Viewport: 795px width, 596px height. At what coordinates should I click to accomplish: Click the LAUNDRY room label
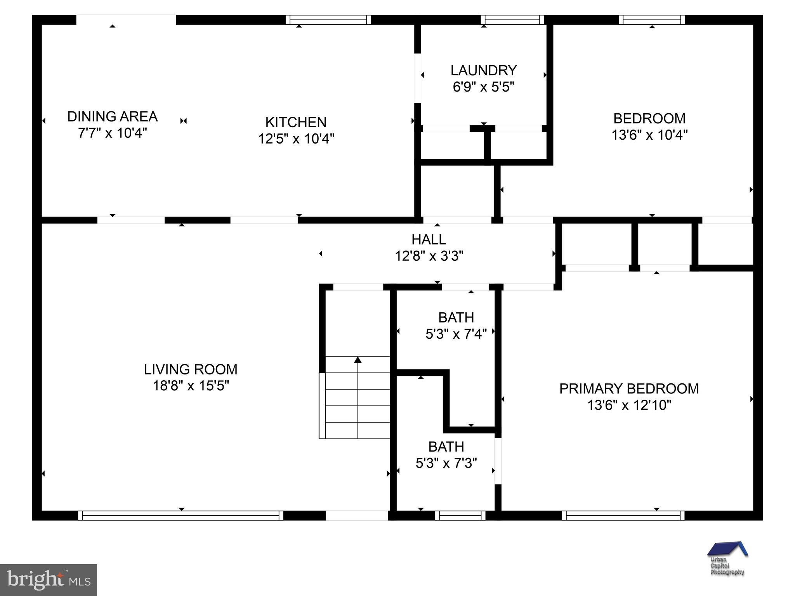tap(483, 70)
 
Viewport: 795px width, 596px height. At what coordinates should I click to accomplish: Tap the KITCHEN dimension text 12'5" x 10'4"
tap(296, 139)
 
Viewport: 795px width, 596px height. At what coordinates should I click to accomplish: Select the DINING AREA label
tap(112, 116)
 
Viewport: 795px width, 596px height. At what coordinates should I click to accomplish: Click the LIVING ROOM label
tap(191, 369)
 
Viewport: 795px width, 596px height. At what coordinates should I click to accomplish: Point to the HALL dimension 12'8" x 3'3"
tap(429, 256)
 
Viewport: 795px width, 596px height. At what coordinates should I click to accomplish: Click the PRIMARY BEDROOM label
tap(628, 388)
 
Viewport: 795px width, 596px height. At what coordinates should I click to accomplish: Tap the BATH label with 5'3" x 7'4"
tap(456, 317)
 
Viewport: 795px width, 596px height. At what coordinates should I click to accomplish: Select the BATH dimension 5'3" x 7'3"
tap(446, 463)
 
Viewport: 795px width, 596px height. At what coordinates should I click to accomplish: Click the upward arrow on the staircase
tap(358, 360)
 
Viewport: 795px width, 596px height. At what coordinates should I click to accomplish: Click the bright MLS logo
tap(48, 580)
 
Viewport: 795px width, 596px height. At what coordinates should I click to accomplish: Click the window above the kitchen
tap(328, 20)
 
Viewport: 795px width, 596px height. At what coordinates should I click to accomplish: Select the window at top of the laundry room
tap(512, 20)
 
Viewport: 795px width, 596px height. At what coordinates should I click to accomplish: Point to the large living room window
tap(181, 515)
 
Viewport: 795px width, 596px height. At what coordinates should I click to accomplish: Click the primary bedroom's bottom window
tap(623, 515)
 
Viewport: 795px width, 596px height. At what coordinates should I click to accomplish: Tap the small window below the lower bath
tap(460, 515)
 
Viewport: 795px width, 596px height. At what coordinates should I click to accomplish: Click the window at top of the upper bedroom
tap(651, 20)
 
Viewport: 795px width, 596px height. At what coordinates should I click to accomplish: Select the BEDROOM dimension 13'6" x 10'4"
tap(649, 135)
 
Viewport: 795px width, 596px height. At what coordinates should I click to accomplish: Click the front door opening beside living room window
tap(357, 515)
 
